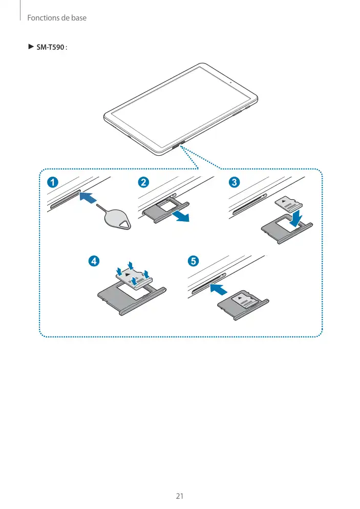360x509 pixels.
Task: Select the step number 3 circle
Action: click(x=234, y=182)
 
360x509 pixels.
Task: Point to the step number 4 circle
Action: click(x=94, y=261)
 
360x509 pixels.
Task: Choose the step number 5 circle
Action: click(x=192, y=261)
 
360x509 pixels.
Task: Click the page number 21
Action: click(x=180, y=496)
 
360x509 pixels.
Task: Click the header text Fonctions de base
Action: click(x=57, y=18)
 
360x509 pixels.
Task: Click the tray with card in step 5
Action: click(x=244, y=305)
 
